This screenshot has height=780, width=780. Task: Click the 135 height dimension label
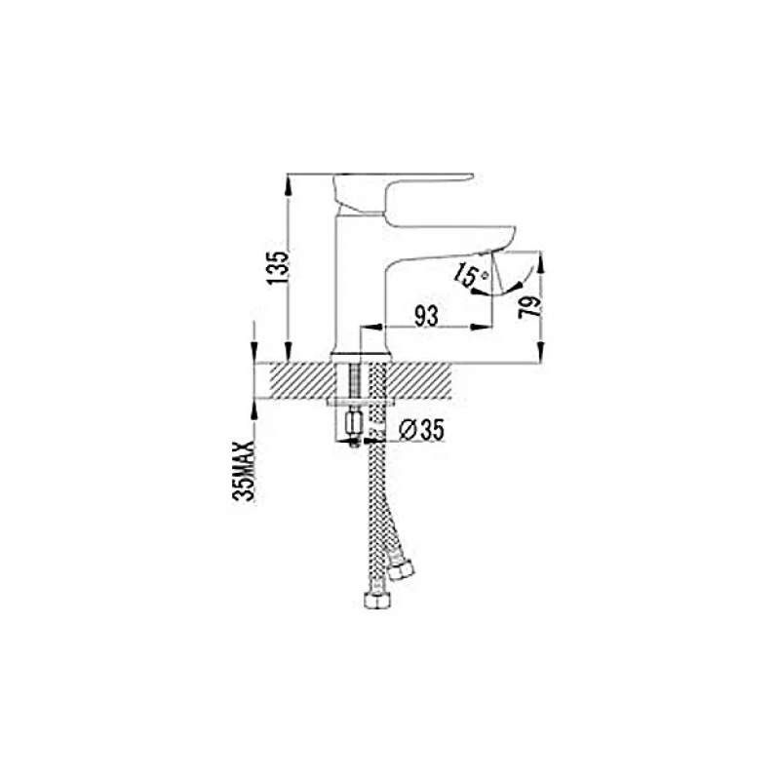277,267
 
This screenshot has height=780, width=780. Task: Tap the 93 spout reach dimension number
426,316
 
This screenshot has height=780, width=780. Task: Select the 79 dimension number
528,307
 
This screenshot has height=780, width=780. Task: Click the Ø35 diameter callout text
421,430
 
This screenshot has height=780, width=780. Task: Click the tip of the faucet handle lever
471,175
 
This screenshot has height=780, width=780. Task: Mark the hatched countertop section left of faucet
300,380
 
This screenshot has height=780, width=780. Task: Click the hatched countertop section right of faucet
421,380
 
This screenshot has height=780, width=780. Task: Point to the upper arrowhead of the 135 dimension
288,182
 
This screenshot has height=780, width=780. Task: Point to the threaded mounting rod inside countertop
354,380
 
